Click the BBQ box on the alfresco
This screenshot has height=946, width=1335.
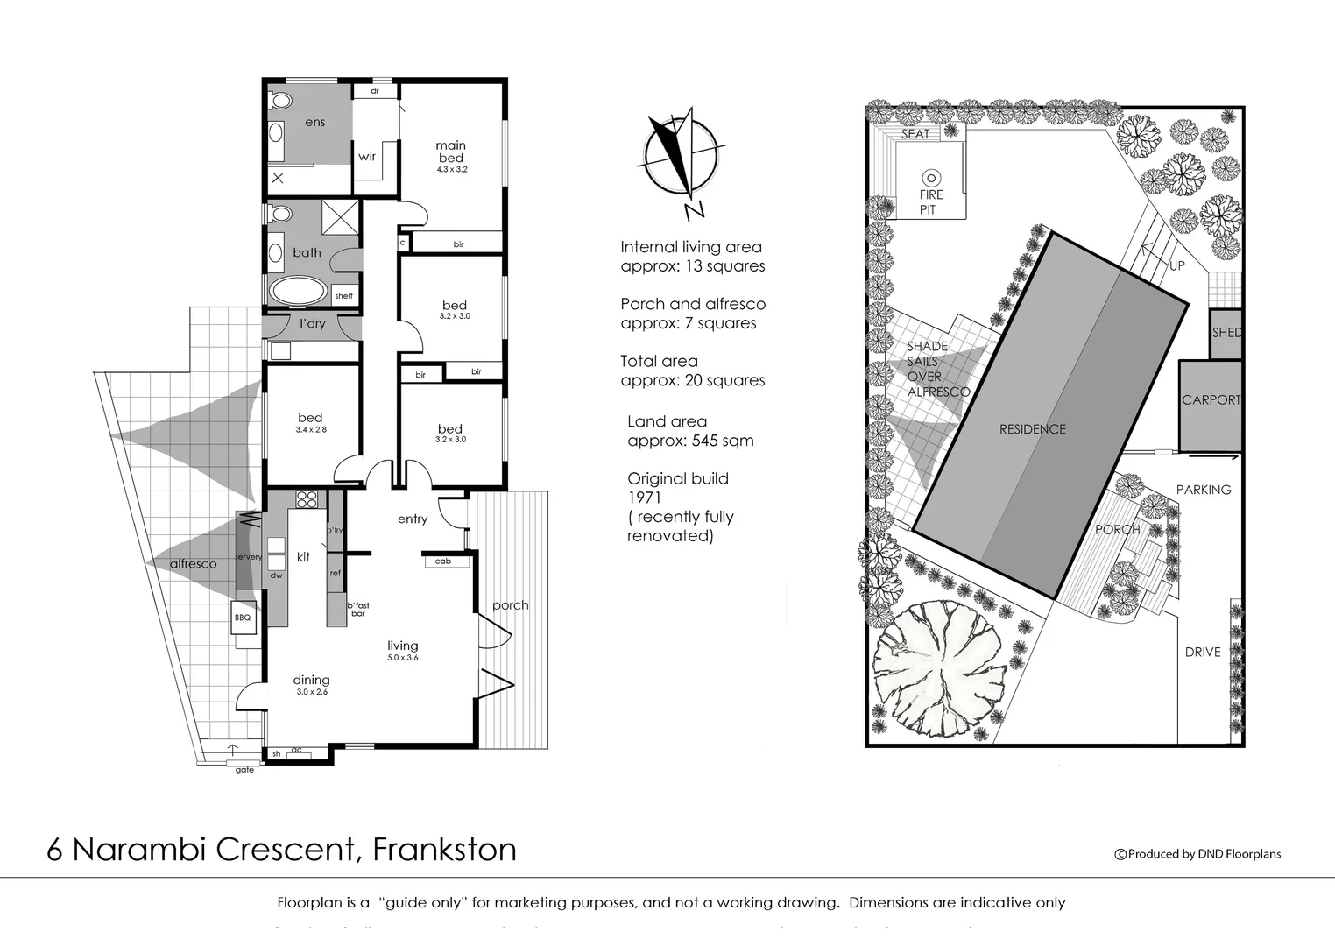click(x=243, y=618)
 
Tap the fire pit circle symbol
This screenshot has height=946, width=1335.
click(x=930, y=178)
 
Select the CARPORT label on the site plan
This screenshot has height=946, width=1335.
click(x=1211, y=400)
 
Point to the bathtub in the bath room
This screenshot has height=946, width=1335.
click(x=296, y=291)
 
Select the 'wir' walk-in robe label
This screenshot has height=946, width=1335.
click(x=367, y=157)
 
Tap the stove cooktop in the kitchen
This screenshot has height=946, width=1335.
click(x=307, y=500)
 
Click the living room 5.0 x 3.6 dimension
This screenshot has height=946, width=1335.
click(x=403, y=657)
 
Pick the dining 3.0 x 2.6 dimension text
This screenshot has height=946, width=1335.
click(x=311, y=692)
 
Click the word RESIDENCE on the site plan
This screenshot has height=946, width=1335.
click(x=1033, y=429)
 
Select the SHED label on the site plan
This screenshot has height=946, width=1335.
click(x=1226, y=333)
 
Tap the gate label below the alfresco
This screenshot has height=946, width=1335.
click(x=244, y=770)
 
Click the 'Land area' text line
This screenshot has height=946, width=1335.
click(x=667, y=421)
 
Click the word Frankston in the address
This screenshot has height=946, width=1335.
click(x=444, y=850)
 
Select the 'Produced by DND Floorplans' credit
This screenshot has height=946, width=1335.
click(x=1197, y=854)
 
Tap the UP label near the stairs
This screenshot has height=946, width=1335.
click(x=1177, y=265)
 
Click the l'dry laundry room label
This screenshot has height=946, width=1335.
click(x=312, y=324)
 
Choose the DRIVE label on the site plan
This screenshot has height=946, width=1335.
click(x=1203, y=652)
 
